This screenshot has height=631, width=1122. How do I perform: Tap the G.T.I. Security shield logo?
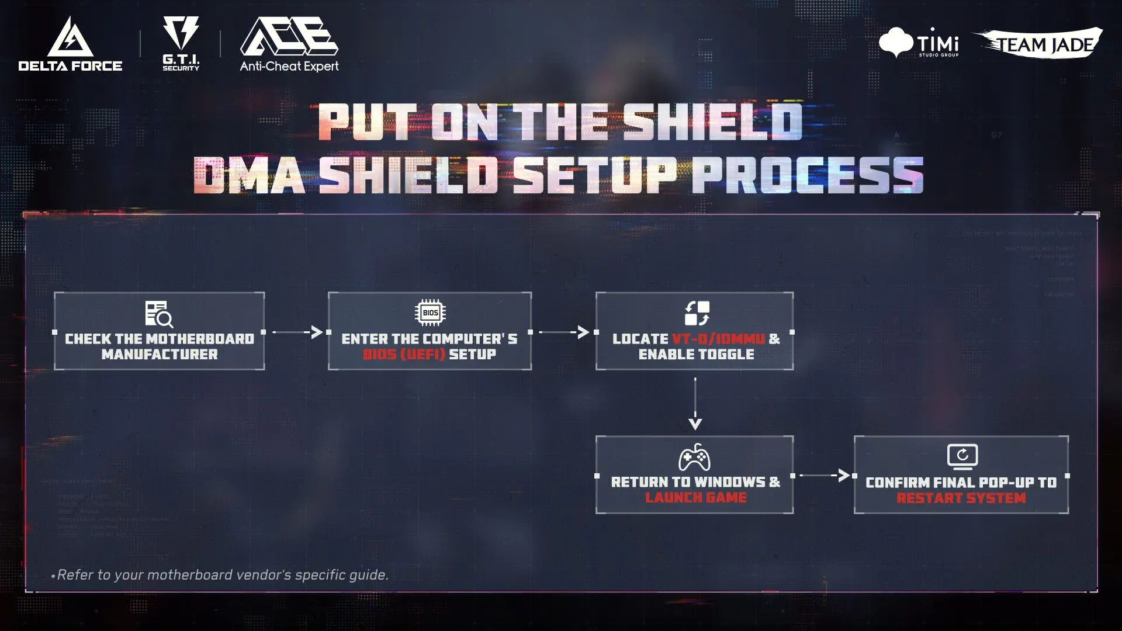click(x=181, y=33)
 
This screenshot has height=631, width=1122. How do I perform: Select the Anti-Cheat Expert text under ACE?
click(x=289, y=67)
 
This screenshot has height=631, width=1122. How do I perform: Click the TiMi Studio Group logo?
click(x=919, y=42)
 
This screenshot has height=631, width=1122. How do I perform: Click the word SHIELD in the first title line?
click(x=712, y=122)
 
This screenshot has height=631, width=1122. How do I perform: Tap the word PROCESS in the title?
click(x=807, y=175)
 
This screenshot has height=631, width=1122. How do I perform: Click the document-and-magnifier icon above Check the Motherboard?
click(x=159, y=314)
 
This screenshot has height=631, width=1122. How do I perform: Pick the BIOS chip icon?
click(x=430, y=313)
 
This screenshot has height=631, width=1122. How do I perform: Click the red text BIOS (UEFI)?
click(x=404, y=354)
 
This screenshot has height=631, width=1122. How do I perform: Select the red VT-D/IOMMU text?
click(x=718, y=339)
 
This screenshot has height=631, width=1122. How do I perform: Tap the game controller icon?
click(x=694, y=457)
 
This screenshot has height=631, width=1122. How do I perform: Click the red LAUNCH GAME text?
click(x=695, y=497)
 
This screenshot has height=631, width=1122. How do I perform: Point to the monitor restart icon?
click(x=962, y=456)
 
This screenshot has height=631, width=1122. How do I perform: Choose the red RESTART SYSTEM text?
click(x=961, y=498)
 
